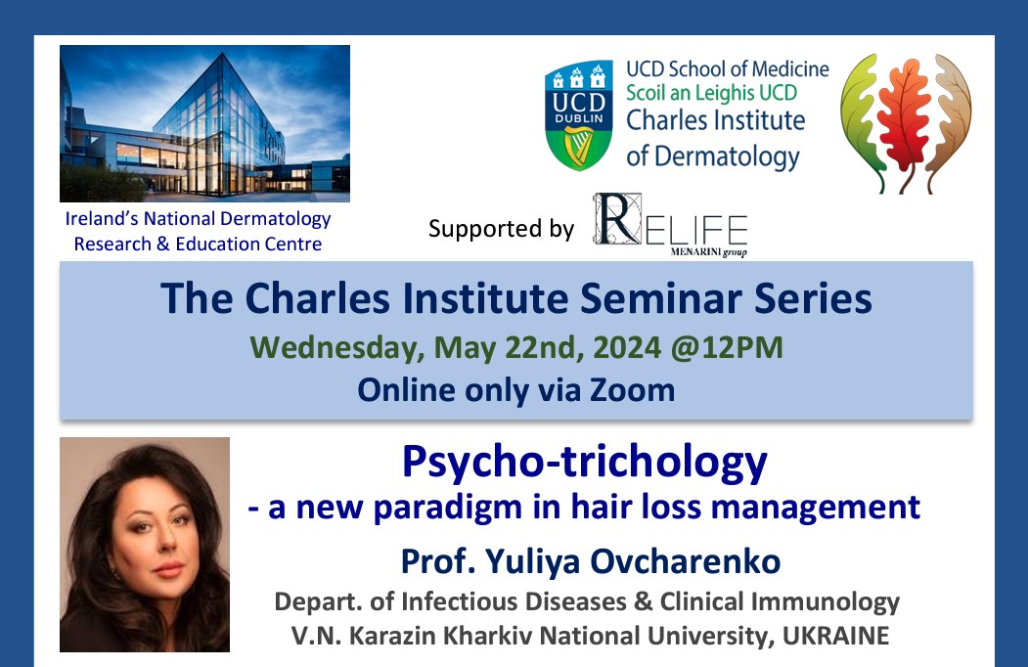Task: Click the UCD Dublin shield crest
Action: [x=579, y=115]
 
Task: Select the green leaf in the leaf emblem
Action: [x=862, y=121]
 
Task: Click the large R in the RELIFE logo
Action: [x=616, y=219]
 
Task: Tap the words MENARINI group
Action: [x=709, y=251]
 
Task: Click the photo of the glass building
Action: [x=204, y=123]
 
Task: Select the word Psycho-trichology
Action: [x=584, y=462]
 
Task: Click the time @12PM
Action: [x=727, y=347]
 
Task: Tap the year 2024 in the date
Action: [x=627, y=347]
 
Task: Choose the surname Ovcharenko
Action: [x=685, y=561]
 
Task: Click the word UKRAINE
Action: [x=836, y=635]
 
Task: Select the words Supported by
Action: [x=501, y=228]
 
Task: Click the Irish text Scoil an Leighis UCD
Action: [x=711, y=93]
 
